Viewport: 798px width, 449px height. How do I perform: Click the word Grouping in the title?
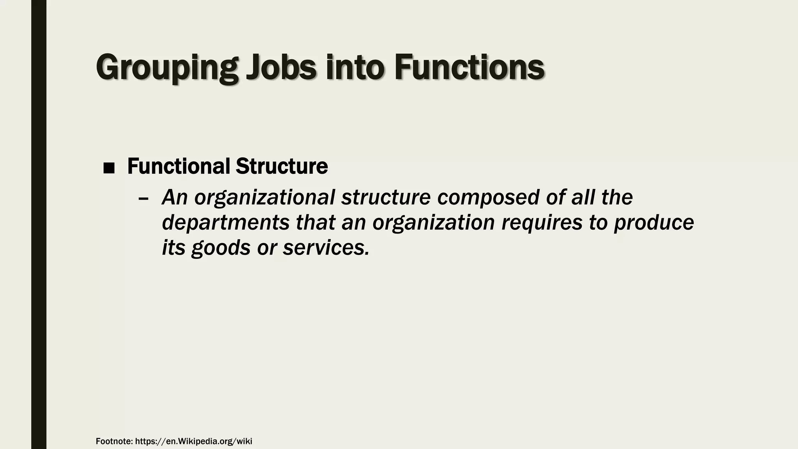coord(167,68)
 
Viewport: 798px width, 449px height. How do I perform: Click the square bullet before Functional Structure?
coord(109,168)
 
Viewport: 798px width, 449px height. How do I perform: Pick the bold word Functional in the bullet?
coord(178,166)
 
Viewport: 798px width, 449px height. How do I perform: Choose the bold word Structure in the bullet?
coord(282,166)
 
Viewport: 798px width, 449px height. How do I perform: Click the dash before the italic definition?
coord(143,198)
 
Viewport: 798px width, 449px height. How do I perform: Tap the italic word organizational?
coord(265,198)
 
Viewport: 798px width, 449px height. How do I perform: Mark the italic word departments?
coord(226,223)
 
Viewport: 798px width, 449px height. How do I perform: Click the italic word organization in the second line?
coord(434,223)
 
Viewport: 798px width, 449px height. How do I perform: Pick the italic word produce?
coord(654,223)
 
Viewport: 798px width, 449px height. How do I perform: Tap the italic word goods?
coord(221,248)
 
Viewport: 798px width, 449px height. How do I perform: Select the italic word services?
coord(326,247)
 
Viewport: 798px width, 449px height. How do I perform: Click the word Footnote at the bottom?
coord(114,442)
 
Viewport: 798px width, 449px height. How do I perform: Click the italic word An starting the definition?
coord(175,198)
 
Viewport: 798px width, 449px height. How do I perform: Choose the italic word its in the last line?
coord(173,247)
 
